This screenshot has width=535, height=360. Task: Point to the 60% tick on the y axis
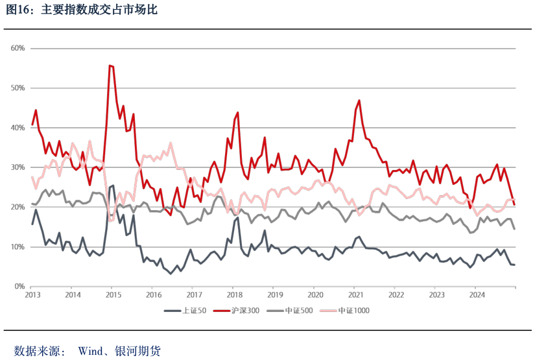[18, 48]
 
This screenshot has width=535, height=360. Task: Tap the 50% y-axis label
[18, 88]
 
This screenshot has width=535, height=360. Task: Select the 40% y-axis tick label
[18, 128]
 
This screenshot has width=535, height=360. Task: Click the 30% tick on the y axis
[18, 167]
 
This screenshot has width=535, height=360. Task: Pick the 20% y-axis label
[18, 207]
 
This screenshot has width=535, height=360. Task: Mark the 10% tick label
[18, 247]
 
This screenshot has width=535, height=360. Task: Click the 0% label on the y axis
[19, 287]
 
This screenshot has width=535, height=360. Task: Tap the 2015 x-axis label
[113, 294]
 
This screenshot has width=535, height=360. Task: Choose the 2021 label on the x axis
[355, 294]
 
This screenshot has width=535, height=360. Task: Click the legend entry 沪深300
[246, 311]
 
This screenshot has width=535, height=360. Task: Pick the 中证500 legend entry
[300, 311]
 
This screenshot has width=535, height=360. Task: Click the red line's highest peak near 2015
[111, 65]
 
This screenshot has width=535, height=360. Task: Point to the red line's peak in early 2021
[359, 101]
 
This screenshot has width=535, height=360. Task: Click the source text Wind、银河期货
[119, 351]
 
